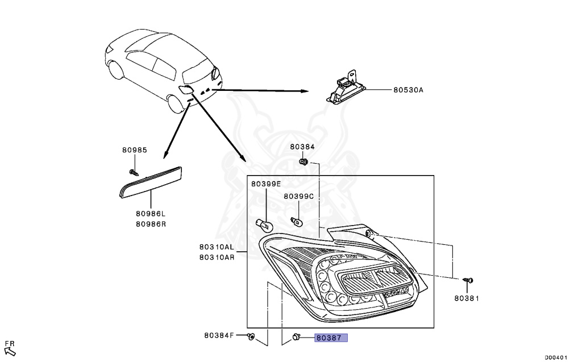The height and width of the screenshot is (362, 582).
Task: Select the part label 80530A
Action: [408, 90]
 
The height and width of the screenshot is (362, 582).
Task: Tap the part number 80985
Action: [134, 150]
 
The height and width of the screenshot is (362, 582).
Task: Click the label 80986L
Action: [151, 214]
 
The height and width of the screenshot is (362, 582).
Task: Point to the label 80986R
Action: [151, 223]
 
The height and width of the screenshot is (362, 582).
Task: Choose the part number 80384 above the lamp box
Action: [302, 147]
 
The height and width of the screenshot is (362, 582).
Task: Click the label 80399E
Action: [266, 184]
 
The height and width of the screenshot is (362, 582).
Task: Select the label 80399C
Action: [298, 196]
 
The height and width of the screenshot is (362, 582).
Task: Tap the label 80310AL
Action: [217, 247]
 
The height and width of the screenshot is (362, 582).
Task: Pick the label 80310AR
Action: [217, 257]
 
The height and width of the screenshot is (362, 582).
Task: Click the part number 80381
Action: [467, 298]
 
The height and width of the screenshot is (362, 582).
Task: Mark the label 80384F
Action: [219, 335]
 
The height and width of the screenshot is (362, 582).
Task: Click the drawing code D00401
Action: [556, 357]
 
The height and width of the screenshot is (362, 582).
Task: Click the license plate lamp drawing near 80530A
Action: [345, 90]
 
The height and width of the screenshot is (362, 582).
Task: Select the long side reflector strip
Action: [151, 181]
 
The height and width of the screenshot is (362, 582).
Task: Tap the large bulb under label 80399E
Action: [265, 224]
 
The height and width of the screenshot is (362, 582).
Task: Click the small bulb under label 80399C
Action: [296, 220]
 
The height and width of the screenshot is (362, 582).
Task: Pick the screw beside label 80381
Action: [468, 280]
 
